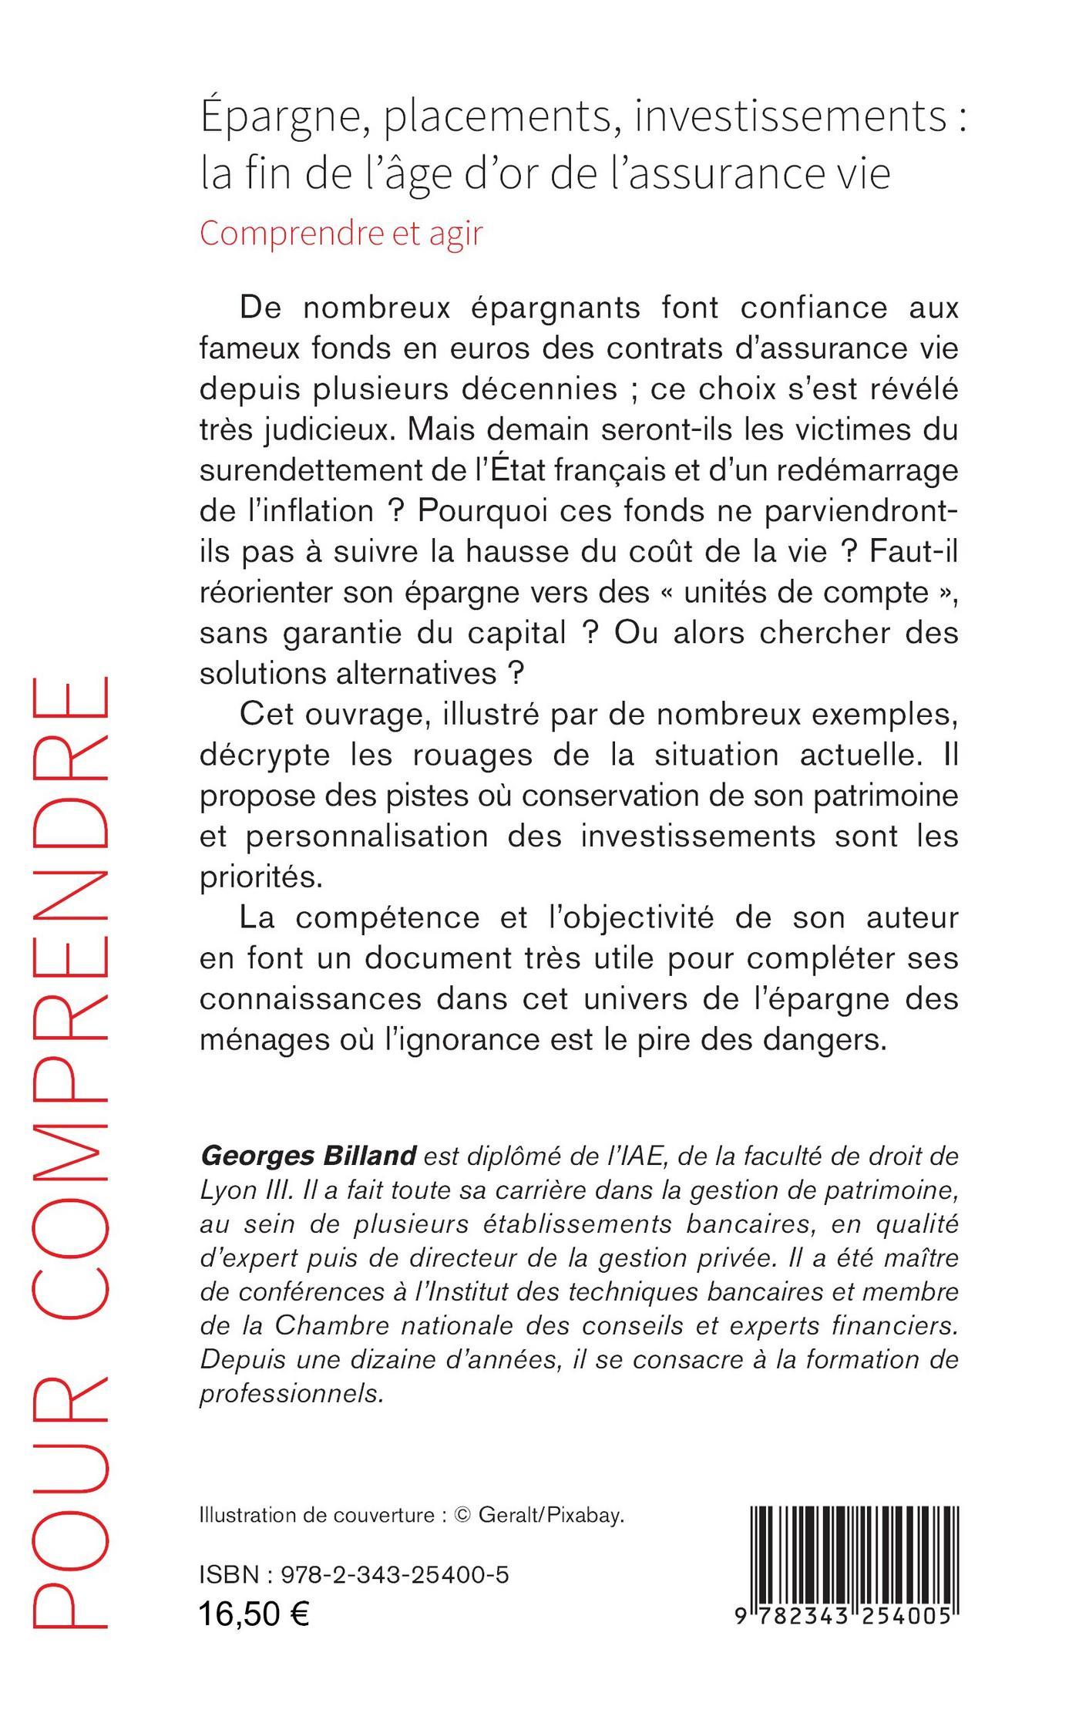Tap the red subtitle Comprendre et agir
click(x=341, y=233)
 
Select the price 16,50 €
click(x=254, y=1613)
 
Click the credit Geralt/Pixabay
click(x=550, y=1515)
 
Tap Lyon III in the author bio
click(x=234, y=1190)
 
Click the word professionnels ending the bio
click(x=291, y=1394)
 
